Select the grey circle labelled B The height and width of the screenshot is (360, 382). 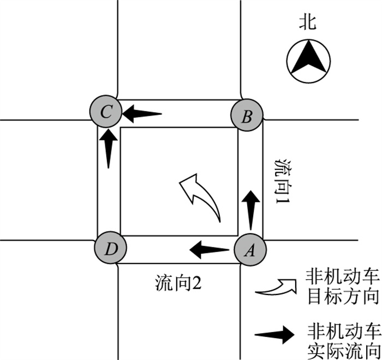247,116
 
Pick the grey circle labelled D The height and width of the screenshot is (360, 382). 110,250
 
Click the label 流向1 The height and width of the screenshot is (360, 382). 283,185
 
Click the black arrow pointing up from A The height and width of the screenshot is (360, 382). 250,210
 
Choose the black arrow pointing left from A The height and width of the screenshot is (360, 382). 209,250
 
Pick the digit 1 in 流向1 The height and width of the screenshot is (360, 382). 283,209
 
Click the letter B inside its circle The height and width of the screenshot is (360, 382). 247,116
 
